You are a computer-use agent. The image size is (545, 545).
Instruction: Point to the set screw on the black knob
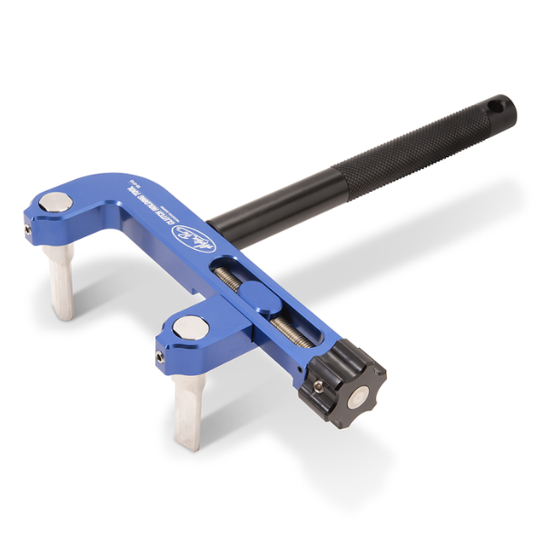(x=318, y=385)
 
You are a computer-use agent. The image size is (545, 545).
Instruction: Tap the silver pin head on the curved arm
(x=57, y=202)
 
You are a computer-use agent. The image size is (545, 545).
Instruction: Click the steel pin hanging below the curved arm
(x=62, y=282)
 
